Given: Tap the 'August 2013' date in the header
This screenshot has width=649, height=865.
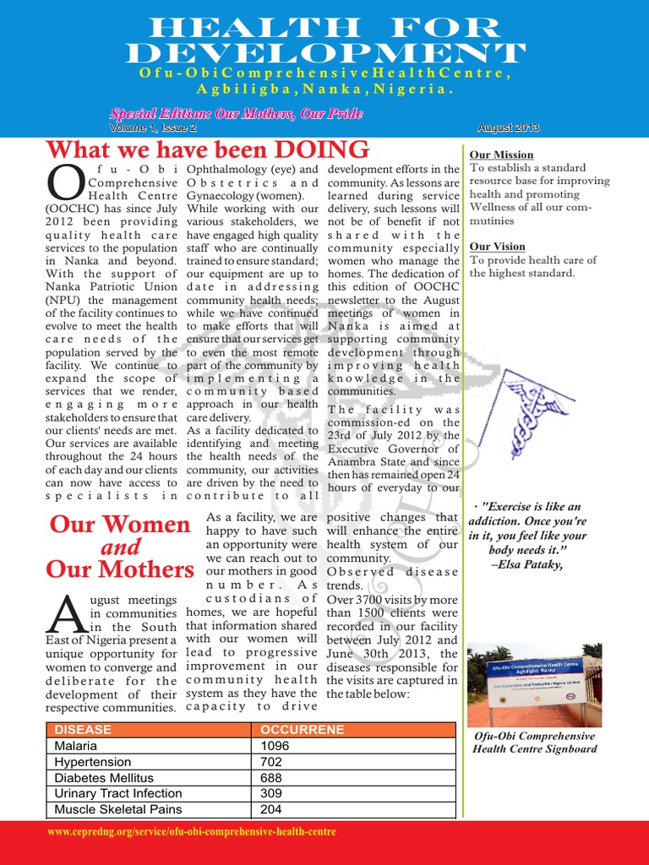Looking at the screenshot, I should tap(508, 128).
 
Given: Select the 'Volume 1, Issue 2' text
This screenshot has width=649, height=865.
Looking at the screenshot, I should tap(152, 128).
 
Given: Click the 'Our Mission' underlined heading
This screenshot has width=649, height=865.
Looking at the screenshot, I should tap(501, 155).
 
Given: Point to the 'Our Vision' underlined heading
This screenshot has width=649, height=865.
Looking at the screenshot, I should tap(498, 247).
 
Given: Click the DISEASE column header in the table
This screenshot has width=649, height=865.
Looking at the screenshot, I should tap(83, 729).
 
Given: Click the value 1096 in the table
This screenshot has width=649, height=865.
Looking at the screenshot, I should tap(275, 746).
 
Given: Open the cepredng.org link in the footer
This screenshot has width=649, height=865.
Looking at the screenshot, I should tap(192, 832).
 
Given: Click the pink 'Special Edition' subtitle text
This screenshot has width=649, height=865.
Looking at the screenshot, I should tap(236, 113).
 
